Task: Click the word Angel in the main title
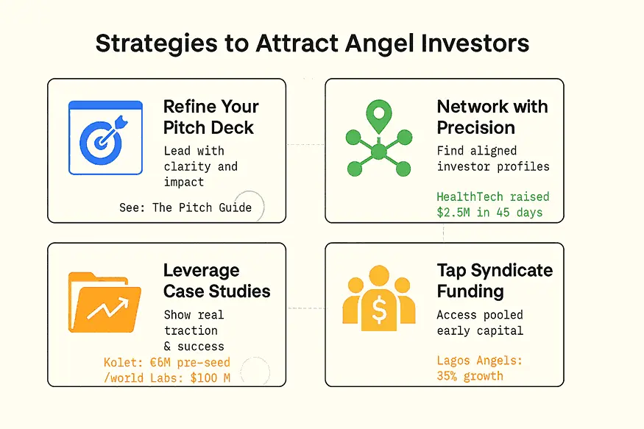(379, 44)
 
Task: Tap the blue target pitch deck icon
(105, 138)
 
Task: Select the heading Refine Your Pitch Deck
(211, 117)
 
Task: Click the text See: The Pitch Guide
(185, 208)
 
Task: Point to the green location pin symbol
(379, 116)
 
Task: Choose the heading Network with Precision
(492, 117)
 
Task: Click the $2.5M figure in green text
(453, 212)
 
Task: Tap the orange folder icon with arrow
(105, 302)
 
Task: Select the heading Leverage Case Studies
(216, 281)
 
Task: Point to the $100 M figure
(210, 377)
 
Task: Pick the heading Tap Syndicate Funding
(495, 281)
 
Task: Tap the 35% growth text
(470, 376)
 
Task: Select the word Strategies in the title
(157, 44)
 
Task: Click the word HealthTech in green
(470, 196)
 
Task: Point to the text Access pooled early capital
(480, 323)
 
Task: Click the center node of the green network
(379, 152)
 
